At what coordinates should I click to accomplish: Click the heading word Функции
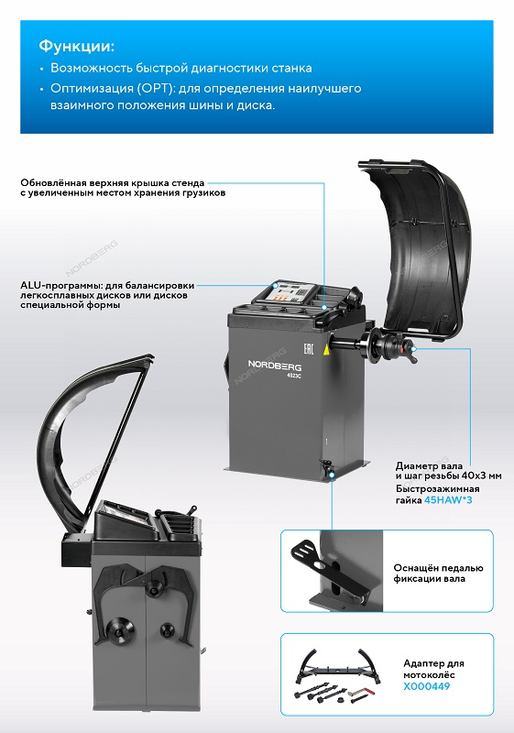point(76,47)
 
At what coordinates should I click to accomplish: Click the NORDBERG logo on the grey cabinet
point(274,365)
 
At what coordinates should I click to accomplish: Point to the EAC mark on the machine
point(309,349)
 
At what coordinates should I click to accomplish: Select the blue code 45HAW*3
point(448,500)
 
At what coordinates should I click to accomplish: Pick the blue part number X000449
point(427,686)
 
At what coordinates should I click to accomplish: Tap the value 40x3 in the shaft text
point(472,476)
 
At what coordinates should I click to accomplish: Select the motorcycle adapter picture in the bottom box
point(338,674)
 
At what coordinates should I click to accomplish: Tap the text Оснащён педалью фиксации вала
point(438,574)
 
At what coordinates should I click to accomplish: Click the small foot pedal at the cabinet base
point(325,465)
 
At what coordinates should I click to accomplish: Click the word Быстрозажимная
point(437,489)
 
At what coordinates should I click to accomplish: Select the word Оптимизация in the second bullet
point(85,88)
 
